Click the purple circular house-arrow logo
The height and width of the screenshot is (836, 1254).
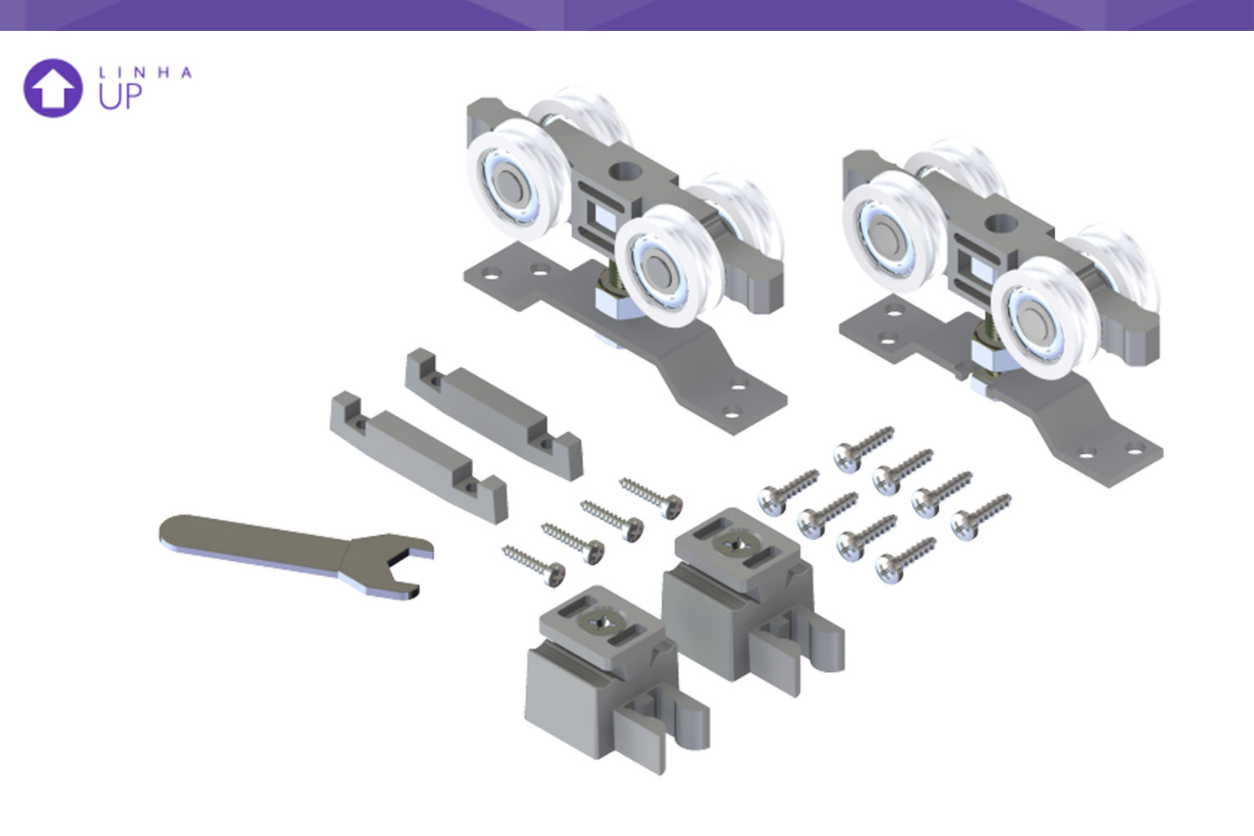[x=54, y=88]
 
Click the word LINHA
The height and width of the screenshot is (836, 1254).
[x=145, y=73]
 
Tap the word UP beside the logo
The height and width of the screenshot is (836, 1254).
[x=120, y=96]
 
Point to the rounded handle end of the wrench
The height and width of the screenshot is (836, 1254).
[x=174, y=531]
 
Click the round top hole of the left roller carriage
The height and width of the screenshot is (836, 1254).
[x=624, y=171]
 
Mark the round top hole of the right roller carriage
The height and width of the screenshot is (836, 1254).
[x=1001, y=224]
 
